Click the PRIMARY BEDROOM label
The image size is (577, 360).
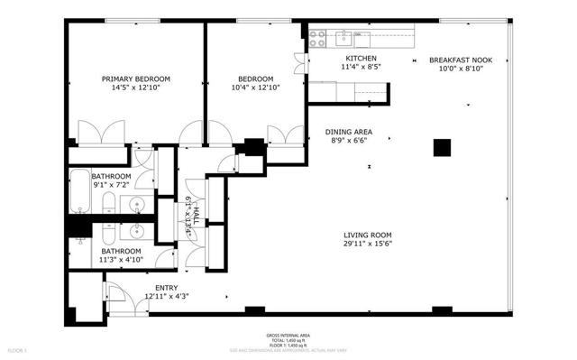coord(135,78)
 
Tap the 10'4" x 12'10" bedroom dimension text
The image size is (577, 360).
coord(255,88)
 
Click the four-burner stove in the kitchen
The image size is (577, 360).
coord(317,38)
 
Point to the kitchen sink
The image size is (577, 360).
coord(344,38)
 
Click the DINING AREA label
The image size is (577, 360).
coord(348,132)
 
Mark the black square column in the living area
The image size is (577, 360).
coord(442,147)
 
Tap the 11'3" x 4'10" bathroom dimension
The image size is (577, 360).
coord(121,260)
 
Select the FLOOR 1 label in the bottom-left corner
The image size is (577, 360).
coord(17,348)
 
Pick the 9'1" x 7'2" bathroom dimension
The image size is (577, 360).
coord(110,185)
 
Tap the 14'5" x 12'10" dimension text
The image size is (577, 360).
coord(135,88)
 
